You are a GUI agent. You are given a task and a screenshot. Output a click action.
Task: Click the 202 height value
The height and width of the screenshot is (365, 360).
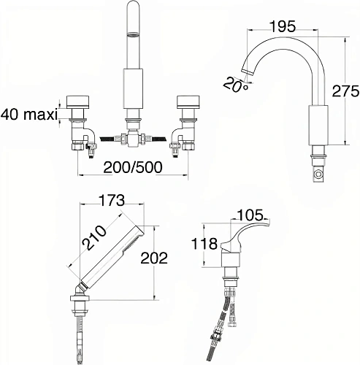coord(154,258)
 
